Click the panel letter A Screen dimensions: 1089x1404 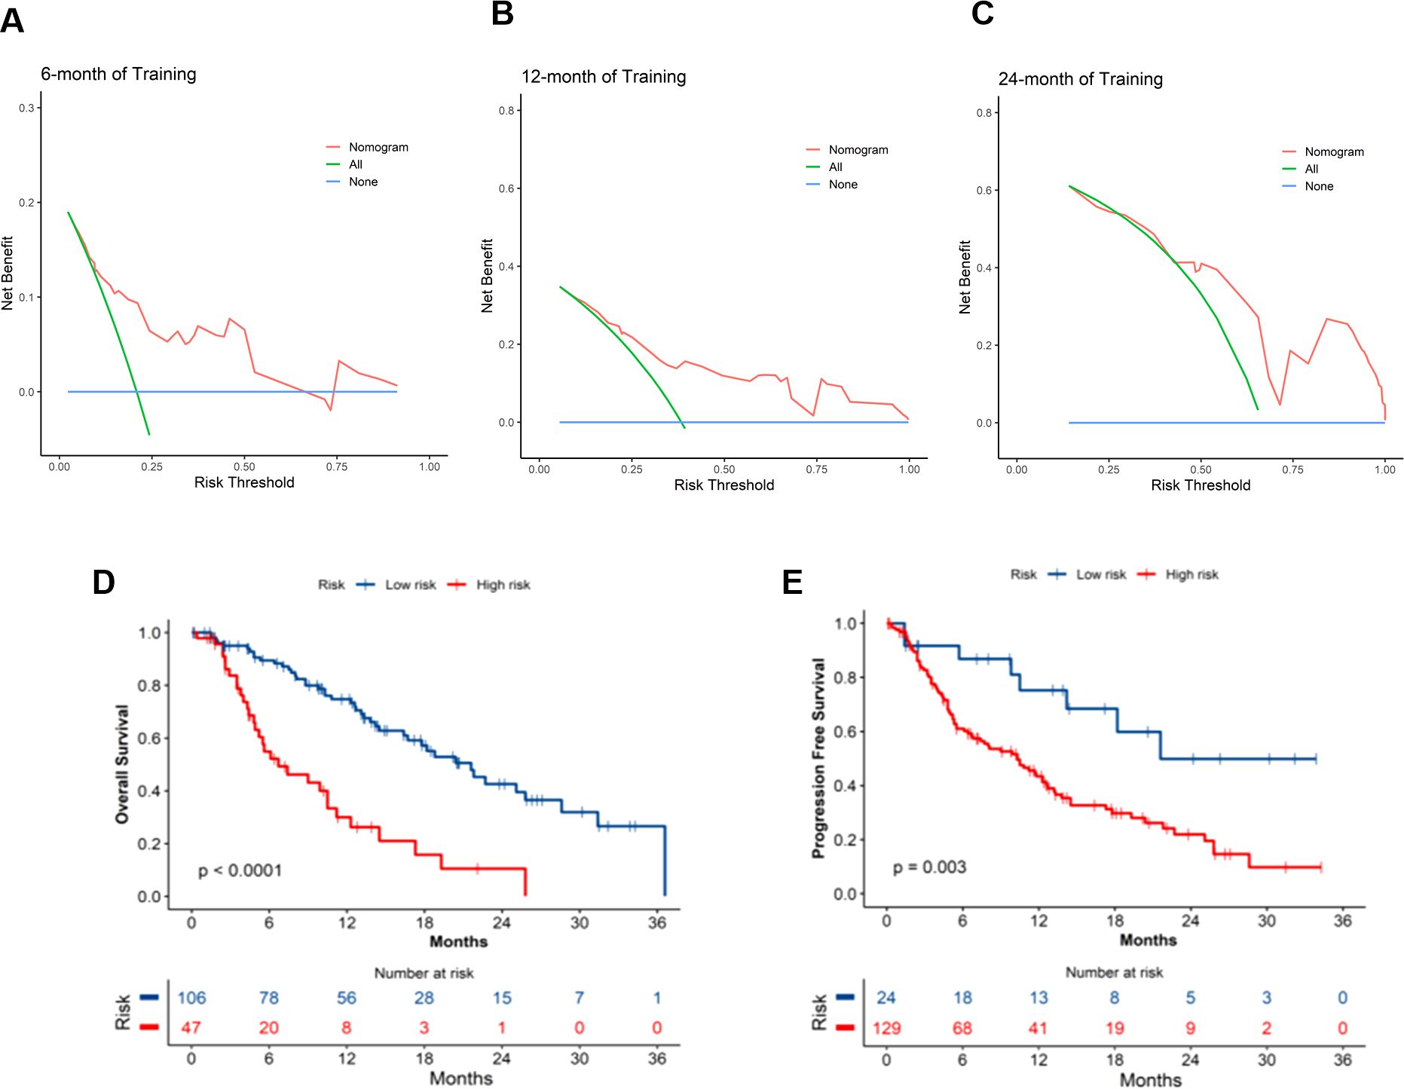click(x=12, y=20)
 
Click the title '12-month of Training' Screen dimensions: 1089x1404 click(x=604, y=77)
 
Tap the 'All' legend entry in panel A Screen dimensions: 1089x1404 click(x=355, y=164)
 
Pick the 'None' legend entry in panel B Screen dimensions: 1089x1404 click(x=843, y=185)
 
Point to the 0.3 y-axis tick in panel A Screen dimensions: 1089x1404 click(x=26, y=109)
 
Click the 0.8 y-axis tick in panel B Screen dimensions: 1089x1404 click(x=506, y=111)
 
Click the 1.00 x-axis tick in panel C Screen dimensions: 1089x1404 click(x=1384, y=470)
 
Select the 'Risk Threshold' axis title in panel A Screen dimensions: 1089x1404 click(x=244, y=482)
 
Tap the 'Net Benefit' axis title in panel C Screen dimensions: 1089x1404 click(x=965, y=277)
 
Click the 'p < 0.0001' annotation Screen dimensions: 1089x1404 click(x=240, y=871)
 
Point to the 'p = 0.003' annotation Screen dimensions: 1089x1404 click(x=929, y=867)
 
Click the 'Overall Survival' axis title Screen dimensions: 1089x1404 click(x=122, y=763)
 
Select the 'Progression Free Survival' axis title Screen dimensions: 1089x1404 click(x=818, y=757)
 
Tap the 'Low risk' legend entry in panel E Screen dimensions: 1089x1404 click(x=1100, y=574)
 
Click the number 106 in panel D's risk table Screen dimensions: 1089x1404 click(x=191, y=998)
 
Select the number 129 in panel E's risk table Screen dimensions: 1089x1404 click(x=887, y=1028)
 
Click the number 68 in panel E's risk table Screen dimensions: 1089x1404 click(x=962, y=1028)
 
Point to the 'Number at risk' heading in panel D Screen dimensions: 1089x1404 click(x=424, y=973)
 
